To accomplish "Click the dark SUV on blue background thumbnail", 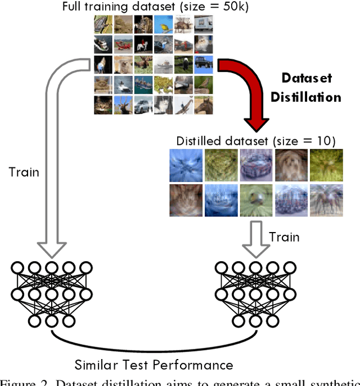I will pyautogui.click(x=203, y=64).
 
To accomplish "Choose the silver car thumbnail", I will pyautogui.click(x=143, y=105).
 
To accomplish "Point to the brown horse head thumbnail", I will pyautogui.click(x=203, y=105).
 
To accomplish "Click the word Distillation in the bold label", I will pyautogui.click(x=305, y=97).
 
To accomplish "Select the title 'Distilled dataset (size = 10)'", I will pyautogui.click(x=256, y=140).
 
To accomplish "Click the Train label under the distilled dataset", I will pyautogui.click(x=283, y=237).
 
